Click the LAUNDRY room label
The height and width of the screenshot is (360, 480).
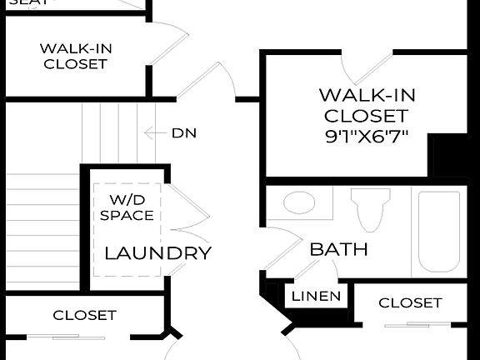click(x=157, y=253)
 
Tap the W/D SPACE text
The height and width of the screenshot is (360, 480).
click(x=127, y=207)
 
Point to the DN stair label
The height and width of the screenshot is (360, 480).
click(x=184, y=132)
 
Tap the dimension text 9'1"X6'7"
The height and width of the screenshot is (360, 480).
click(x=367, y=137)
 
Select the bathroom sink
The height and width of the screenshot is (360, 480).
click(x=299, y=202)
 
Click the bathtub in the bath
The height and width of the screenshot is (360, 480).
click(x=439, y=231)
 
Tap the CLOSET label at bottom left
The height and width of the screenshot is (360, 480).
click(x=84, y=315)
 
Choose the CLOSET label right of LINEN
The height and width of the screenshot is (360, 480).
click(x=410, y=302)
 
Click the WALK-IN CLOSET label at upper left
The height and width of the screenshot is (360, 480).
click(x=76, y=56)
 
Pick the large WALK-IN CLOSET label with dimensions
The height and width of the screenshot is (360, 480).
click(x=366, y=105)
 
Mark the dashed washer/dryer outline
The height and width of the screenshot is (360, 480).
click(x=127, y=229)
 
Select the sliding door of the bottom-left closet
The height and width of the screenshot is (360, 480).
click(x=80, y=337)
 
